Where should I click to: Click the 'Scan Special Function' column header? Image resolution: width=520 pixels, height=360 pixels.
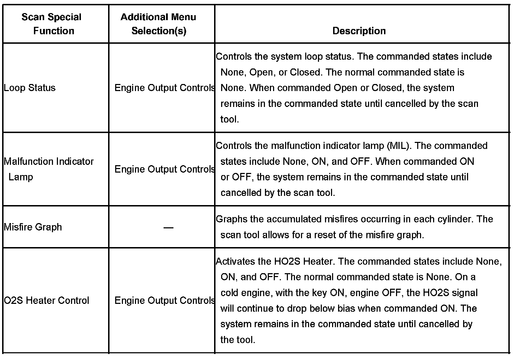click(x=52, y=24)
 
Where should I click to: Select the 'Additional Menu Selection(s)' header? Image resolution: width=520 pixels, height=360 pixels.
click(x=158, y=24)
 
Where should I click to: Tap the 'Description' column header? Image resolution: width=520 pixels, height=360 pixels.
click(x=359, y=31)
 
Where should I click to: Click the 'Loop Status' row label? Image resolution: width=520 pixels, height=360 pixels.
click(x=30, y=88)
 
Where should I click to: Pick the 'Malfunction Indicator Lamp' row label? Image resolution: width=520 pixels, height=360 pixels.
click(x=48, y=169)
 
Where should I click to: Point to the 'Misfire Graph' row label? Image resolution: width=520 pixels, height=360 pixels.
click(x=33, y=227)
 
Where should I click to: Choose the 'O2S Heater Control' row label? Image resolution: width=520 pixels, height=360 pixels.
click(x=46, y=301)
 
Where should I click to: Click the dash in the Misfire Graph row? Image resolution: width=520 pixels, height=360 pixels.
click(x=168, y=228)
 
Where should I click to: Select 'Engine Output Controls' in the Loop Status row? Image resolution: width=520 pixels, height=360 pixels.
click(x=165, y=88)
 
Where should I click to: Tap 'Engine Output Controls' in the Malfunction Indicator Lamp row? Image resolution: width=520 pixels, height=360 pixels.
click(x=165, y=169)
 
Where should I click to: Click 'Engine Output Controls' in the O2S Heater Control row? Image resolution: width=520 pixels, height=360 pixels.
click(x=165, y=301)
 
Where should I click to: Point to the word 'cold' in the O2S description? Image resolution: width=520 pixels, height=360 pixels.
click(x=229, y=293)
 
